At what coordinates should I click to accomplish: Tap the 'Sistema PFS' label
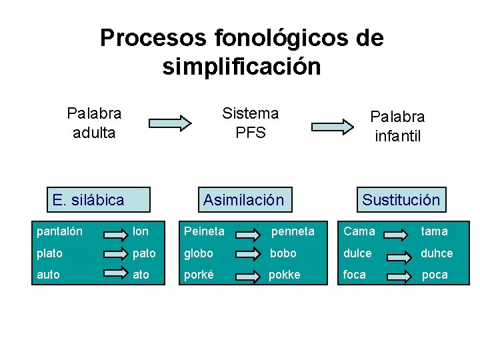(x=250, y=123)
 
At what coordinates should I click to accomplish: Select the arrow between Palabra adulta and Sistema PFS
(x=169, y=123)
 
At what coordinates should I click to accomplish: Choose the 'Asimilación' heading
(x=243, y=199)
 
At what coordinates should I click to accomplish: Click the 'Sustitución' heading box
(x=401, y=199)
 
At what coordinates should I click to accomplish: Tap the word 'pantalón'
(x=60, y=231)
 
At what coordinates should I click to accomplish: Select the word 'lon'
(x=141, y=231)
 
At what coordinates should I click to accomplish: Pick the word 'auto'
(x=48, y=274)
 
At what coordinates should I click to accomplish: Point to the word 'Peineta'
(x=204, y=231)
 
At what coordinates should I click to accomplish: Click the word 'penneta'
(x=292, y=231)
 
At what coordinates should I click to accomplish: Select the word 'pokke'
(x=284, y=274)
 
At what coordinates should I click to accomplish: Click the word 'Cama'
(x=359, y=231)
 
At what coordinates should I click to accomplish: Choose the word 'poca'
(x=435, y=274)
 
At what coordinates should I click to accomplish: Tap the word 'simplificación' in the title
(x=241, y=66)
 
